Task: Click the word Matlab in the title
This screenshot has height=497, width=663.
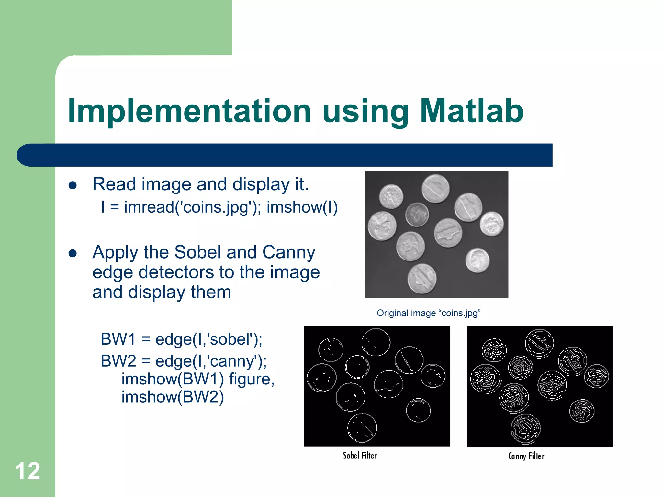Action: [x=471, y=111]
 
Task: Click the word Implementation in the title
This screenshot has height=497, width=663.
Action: [x=189, y=111]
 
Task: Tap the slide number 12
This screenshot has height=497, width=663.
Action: [x=28, y=471]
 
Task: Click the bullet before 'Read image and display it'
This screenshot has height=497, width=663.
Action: [x=73, y=185]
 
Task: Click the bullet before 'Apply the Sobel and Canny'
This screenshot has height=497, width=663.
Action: [x=73, y=253]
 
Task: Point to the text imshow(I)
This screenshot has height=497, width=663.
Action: [x=302, y=207]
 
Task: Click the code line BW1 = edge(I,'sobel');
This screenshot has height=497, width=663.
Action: [x=181, y=339]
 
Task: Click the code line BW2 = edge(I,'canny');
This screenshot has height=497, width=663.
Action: [x=184, y=361]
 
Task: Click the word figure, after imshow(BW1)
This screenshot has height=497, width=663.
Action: [x=252, y=379]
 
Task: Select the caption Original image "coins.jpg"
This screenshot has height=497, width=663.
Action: [x=429, y=313]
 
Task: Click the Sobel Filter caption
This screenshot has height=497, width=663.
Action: [x=360, y=456]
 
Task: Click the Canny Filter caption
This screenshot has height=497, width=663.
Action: [x=526, y=456]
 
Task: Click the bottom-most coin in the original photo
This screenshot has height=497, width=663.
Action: [x=422, y=279]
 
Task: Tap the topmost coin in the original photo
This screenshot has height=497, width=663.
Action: [x=435, y=189]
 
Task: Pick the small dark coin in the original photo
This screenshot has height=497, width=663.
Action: [x=417, y=214]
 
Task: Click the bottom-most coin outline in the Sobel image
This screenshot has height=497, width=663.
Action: [x=362, y=428]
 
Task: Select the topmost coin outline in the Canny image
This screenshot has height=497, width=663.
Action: [x=539, y=343]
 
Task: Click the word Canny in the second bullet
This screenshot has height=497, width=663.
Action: [x=288, y=252]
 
